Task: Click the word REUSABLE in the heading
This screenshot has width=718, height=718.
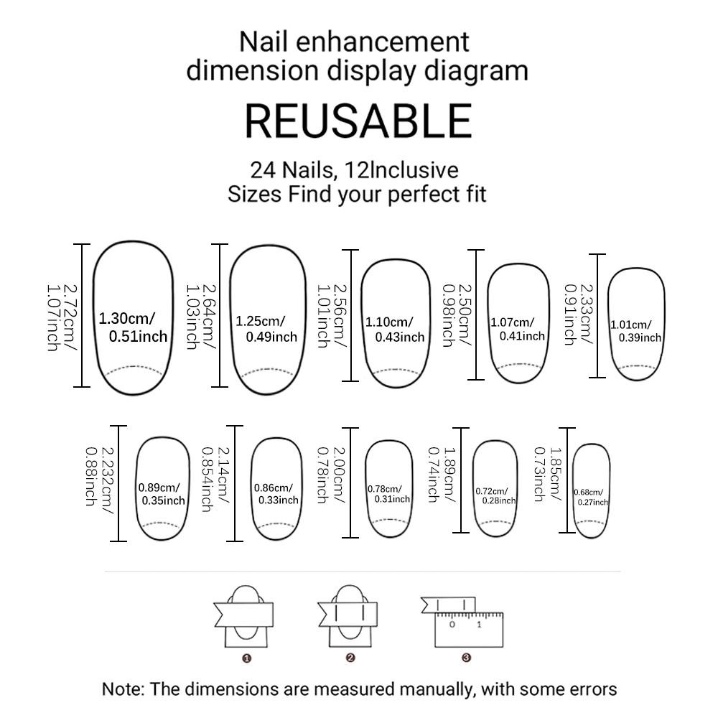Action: pyautogui.click(x=358, y=121)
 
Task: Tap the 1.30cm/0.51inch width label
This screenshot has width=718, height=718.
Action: pyautogui.click(x=133, y=327)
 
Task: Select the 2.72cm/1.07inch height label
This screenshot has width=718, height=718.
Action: pyautogui.click(x=61, y=317)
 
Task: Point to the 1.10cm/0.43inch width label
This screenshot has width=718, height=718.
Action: pyautogui.click(x=395, y=330)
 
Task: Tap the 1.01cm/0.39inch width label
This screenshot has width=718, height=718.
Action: pyautogui.click(x=635, y=330)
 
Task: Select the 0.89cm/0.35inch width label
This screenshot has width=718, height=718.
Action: pyautogui.click(x=161, y=494)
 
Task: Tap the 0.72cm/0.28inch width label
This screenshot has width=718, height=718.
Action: pyautogui.click(x=495, y=495)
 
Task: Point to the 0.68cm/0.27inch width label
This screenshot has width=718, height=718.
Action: pyautogui.click(x=591, y=497)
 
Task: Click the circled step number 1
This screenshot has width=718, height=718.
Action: pyautogui.click(x=246, y=657)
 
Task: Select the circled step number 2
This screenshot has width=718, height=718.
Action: pyautogui.click(x=350, y=657)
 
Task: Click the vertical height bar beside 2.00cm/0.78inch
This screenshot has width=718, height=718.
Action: pyautogui.click(x=351, y=482)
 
